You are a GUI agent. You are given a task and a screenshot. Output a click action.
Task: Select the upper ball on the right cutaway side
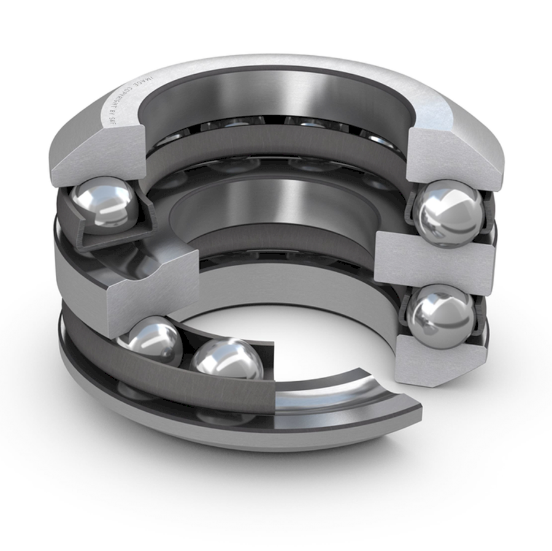tap(448, 215)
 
